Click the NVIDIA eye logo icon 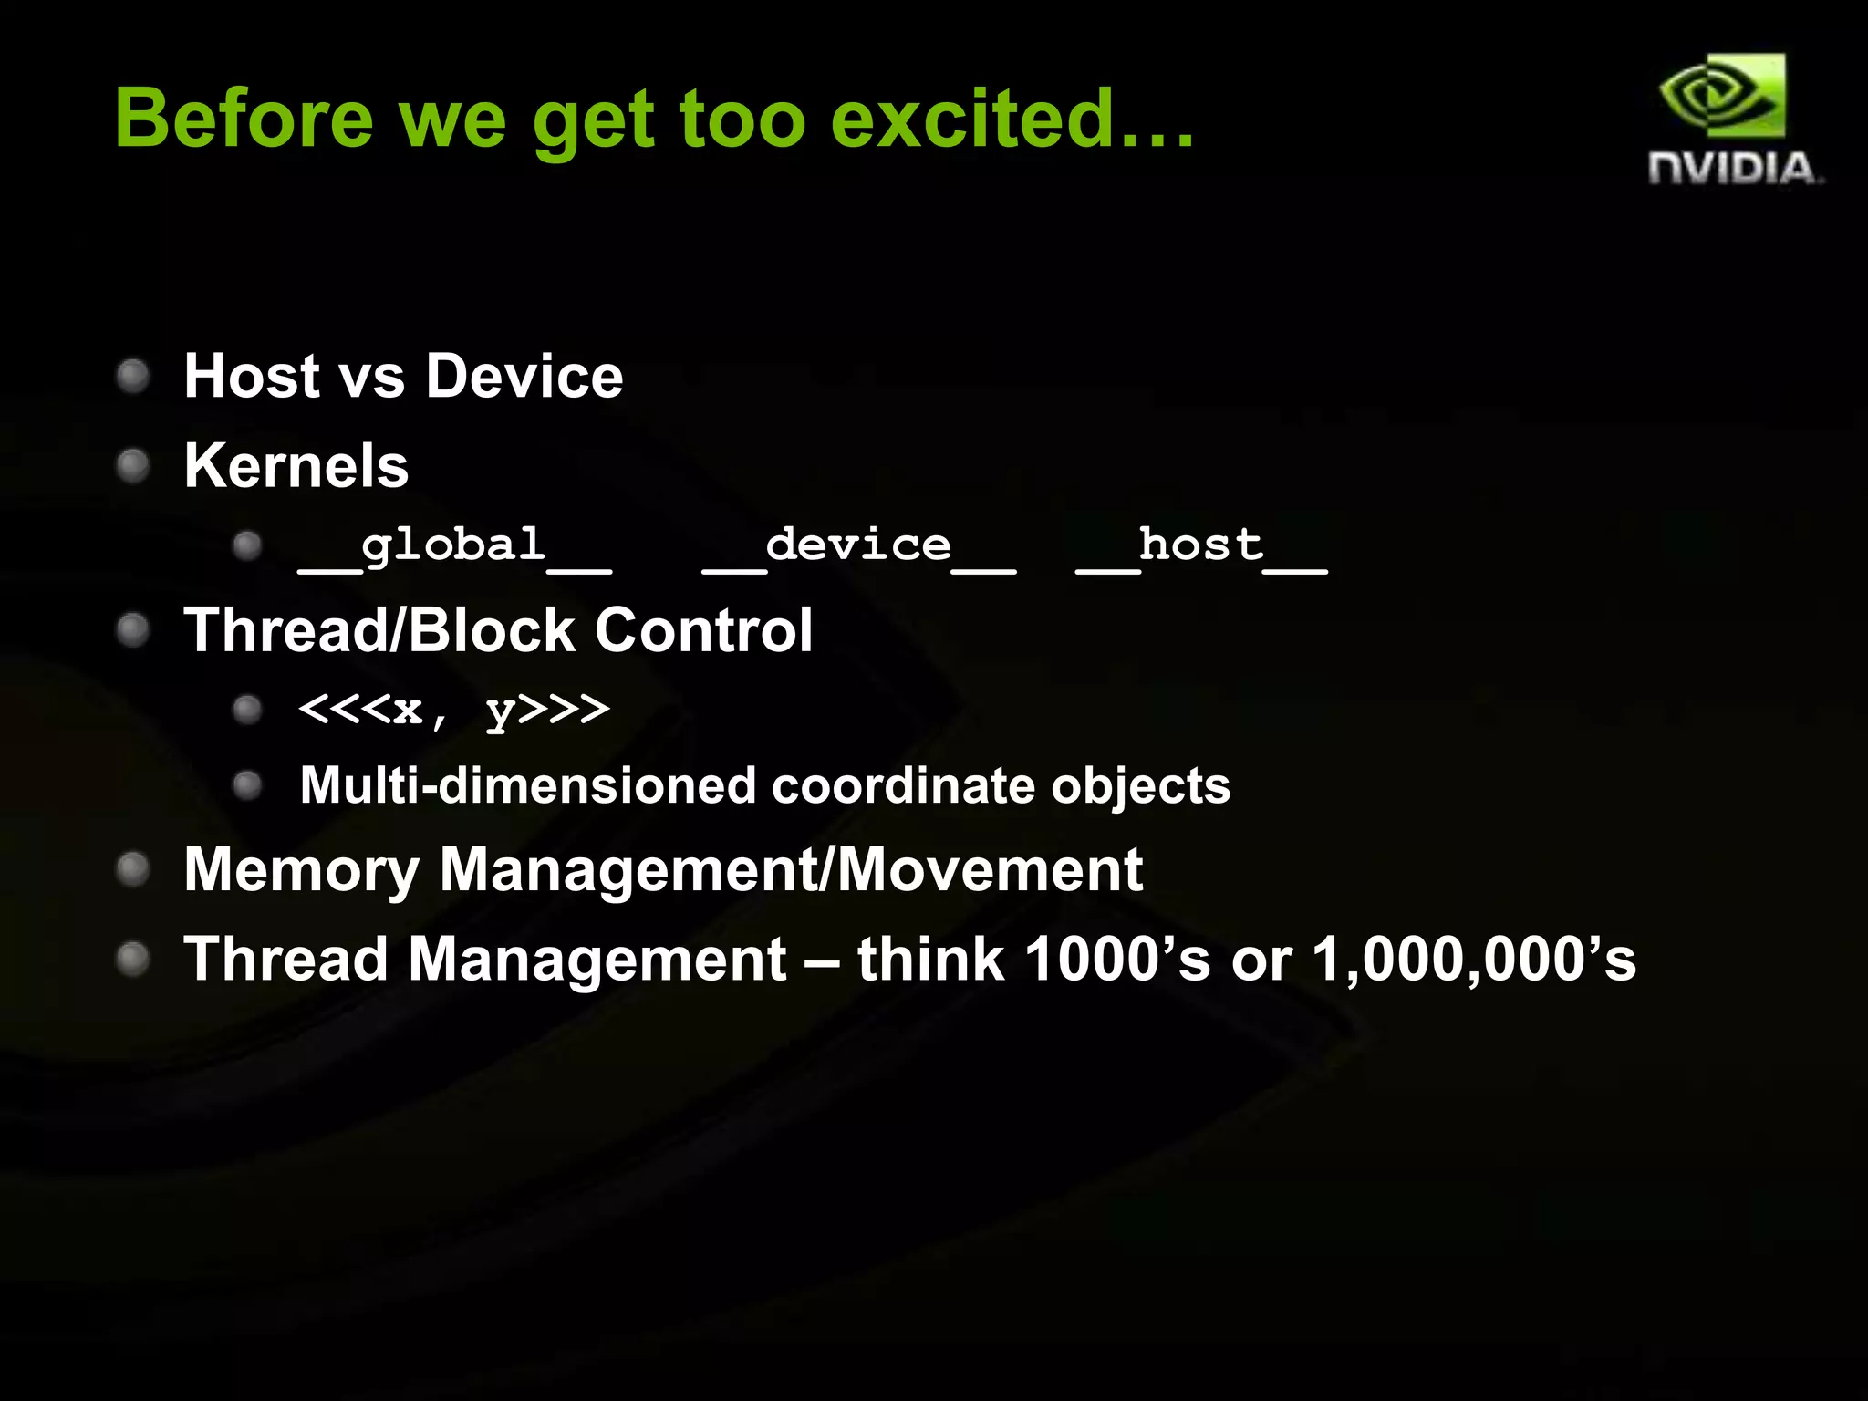pyautogui.click(x=1723, y=96)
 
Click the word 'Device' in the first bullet pyautogui.click(x=524, y=376)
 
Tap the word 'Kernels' pyautogui.click(x=296, y=465)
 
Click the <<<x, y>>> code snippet pyautogui.click(x=454, y=710)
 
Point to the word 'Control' pyautogui.click(x=703, y=630)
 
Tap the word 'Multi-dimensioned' pyautogui.click(x=528, y=785)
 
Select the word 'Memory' pyautogui.click(x=301, y=869)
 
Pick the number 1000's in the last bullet pyautogui.click(x=1117, y=960)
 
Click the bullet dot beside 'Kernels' pyautogui.click(x=133, y=466)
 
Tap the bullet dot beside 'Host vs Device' pyautogui.click(x=133, y=376)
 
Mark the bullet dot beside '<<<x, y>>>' pyautogui.click(x=247, y=710)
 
